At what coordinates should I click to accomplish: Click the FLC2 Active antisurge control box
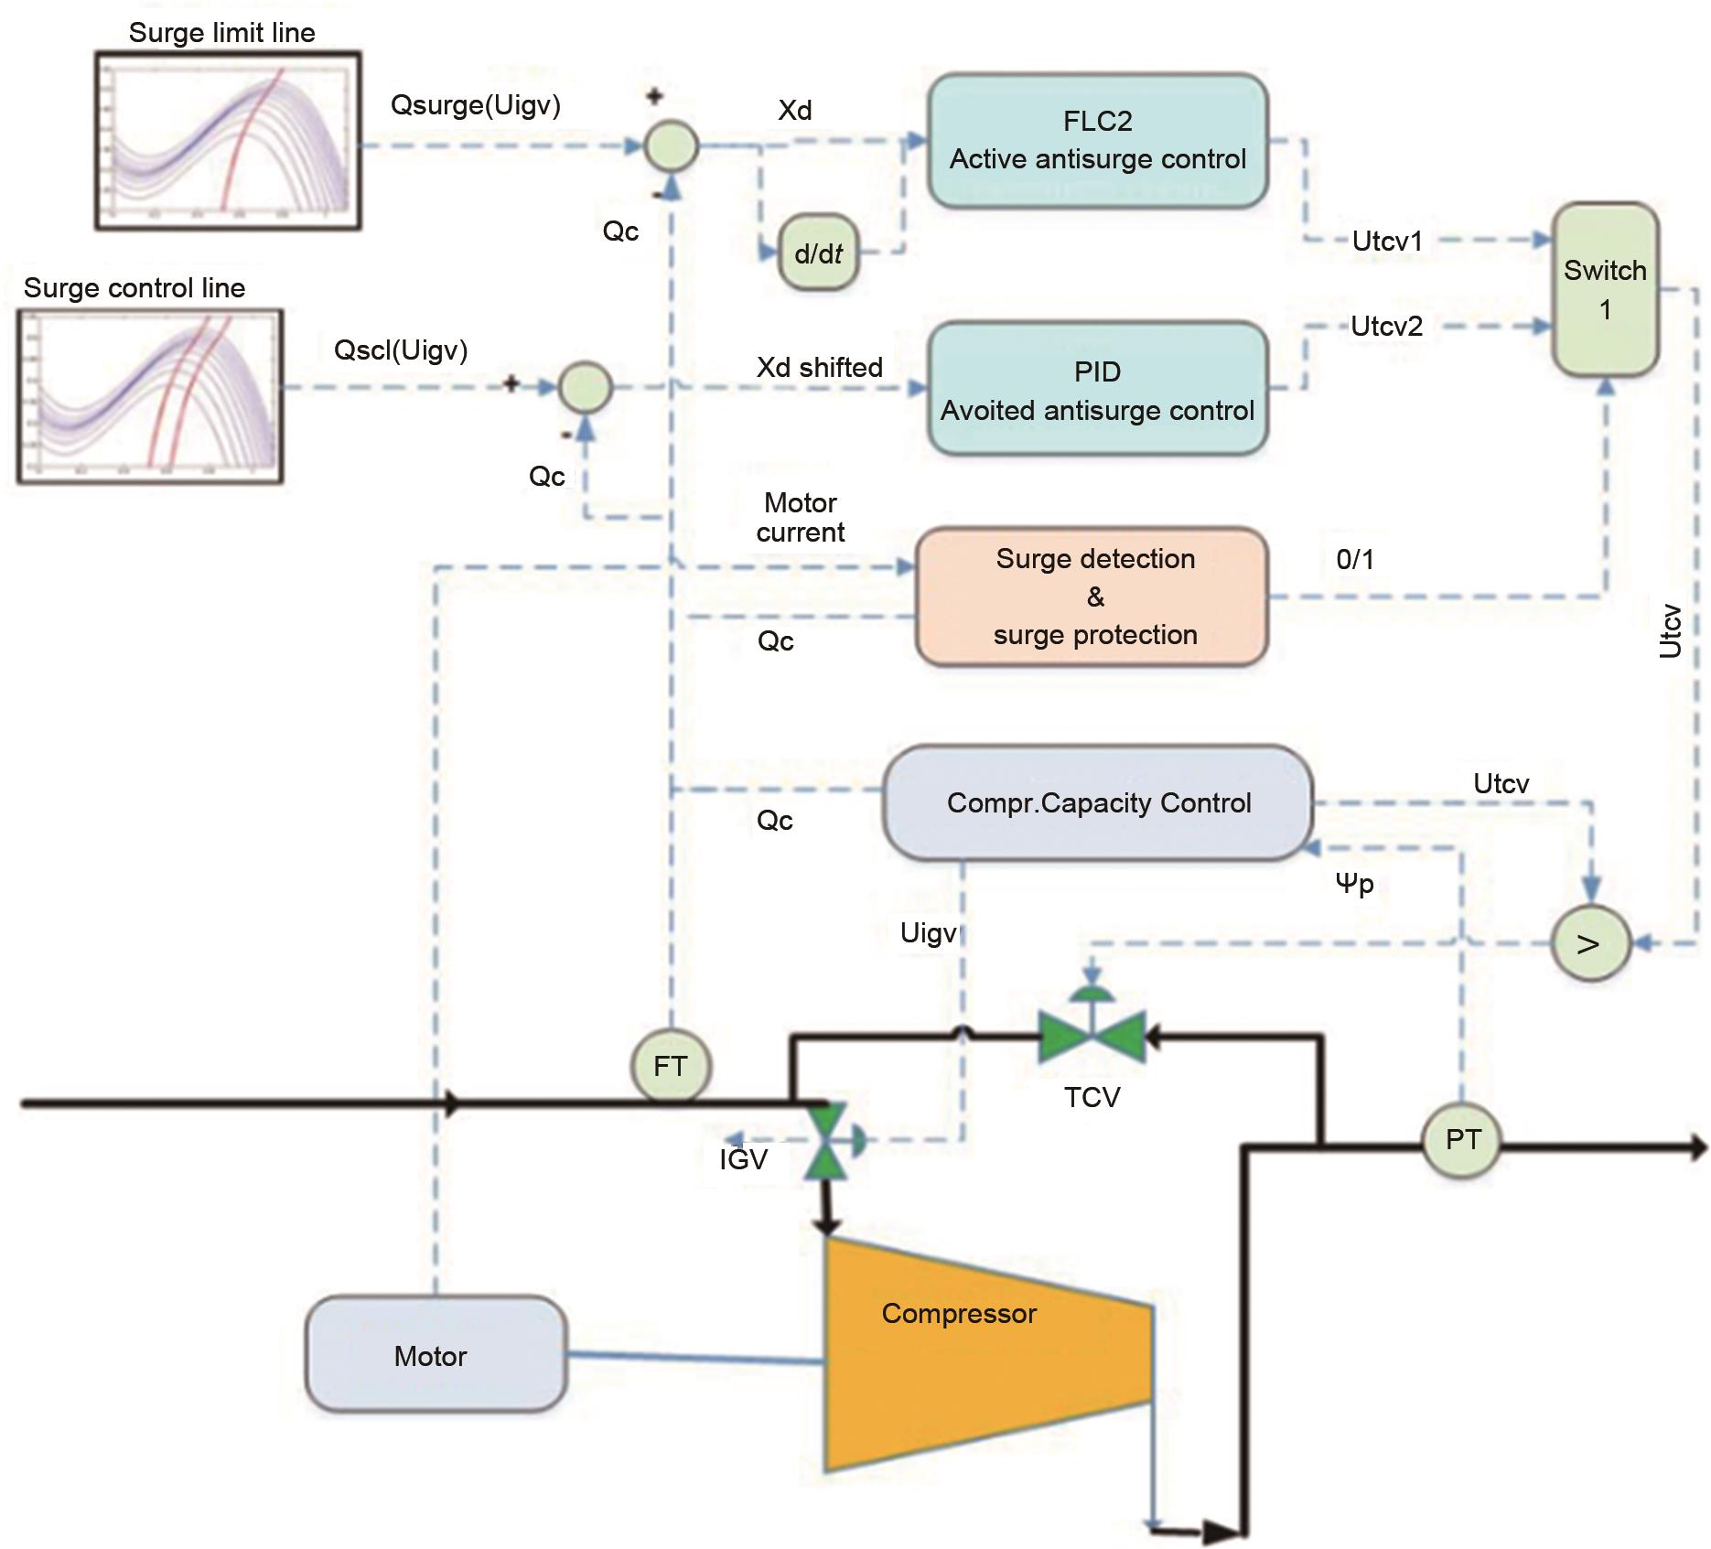point(1097,141)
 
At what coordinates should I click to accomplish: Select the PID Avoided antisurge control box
point(1097,389)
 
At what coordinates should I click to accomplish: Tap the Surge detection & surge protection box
point(1092,597)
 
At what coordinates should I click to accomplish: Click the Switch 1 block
point(1605,290)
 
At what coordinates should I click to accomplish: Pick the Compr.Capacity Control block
point(1098,802)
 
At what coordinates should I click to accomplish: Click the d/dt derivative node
point(818,254)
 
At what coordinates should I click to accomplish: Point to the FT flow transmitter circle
point(671,1066)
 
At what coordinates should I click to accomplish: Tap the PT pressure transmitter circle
point(1462,1140)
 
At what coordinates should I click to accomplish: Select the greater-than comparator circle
point(1590,943)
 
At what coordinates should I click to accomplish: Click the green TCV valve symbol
point(1092,1037)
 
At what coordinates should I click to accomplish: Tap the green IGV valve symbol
point(826,1141)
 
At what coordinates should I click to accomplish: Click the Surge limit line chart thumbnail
point(228,140)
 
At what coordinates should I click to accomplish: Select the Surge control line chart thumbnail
point(151,396)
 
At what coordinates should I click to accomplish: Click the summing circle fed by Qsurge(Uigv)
point(672,146)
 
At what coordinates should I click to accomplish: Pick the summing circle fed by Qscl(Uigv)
point(585,387)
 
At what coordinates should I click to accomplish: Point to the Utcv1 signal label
point(1387,242)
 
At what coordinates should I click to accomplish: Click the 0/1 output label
point(1355,560)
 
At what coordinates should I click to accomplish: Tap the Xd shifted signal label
point(819,368)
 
